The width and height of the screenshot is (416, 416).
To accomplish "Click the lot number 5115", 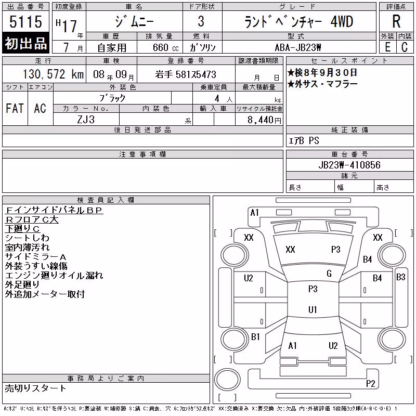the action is tap(25, 21).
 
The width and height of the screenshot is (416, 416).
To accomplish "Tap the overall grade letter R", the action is tap(396, 21).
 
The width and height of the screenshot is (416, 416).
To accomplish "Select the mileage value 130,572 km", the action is tap(53, 74).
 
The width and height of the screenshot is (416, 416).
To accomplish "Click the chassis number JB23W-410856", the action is tap(349, 165).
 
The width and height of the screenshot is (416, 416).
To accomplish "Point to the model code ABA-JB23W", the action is tap(298, 47).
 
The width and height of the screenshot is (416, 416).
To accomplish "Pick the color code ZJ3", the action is tap(86, 120).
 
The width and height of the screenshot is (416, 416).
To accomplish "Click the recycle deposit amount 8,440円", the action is tap(264, 120).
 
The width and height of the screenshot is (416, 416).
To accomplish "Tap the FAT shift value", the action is tap(15, 108).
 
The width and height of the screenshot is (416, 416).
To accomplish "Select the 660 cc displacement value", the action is tap(165, 47).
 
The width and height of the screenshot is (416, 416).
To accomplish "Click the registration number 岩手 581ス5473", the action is tap(186, 74).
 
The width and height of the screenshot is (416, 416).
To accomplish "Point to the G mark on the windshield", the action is tap(329, 274).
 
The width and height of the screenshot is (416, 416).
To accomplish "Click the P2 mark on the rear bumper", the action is tap(370, 383).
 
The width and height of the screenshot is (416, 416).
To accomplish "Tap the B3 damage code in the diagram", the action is tap(400, 277).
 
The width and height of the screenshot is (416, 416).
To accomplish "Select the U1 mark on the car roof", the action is tap(313, 309).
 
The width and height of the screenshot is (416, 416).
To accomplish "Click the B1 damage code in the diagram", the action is tap(255, 336).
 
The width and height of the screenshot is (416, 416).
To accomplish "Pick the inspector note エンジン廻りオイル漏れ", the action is tap(54, 276).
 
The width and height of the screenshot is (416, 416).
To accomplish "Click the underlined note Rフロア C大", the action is tap(32, 219).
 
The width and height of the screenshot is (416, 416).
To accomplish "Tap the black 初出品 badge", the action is tap(25, 43).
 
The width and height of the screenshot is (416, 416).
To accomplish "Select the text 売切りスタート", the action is tap(35, 388).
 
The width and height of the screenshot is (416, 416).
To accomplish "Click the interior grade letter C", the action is tap(405, 47).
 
